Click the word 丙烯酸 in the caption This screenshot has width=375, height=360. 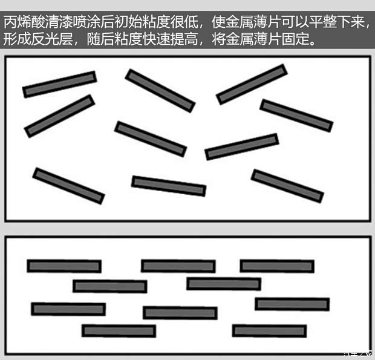(x=24, y=24)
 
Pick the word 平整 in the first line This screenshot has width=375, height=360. (x=322, y=24)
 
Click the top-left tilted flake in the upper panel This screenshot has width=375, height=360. (x=59, y=84)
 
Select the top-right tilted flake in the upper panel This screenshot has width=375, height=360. (x=251, y=84)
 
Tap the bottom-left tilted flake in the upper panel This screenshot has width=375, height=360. (x=68, y=186)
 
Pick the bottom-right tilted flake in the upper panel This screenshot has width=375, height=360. (x=287, y=186)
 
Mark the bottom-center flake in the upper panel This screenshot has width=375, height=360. (x=169, y=186)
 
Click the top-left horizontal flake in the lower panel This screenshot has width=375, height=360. (x=64, y=266)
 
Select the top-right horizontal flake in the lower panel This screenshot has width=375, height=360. (x=277, y=266)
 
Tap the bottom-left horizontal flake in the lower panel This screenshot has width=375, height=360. (x=119, y=331)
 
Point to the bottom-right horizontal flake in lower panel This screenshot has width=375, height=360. (x=269, y=331)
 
